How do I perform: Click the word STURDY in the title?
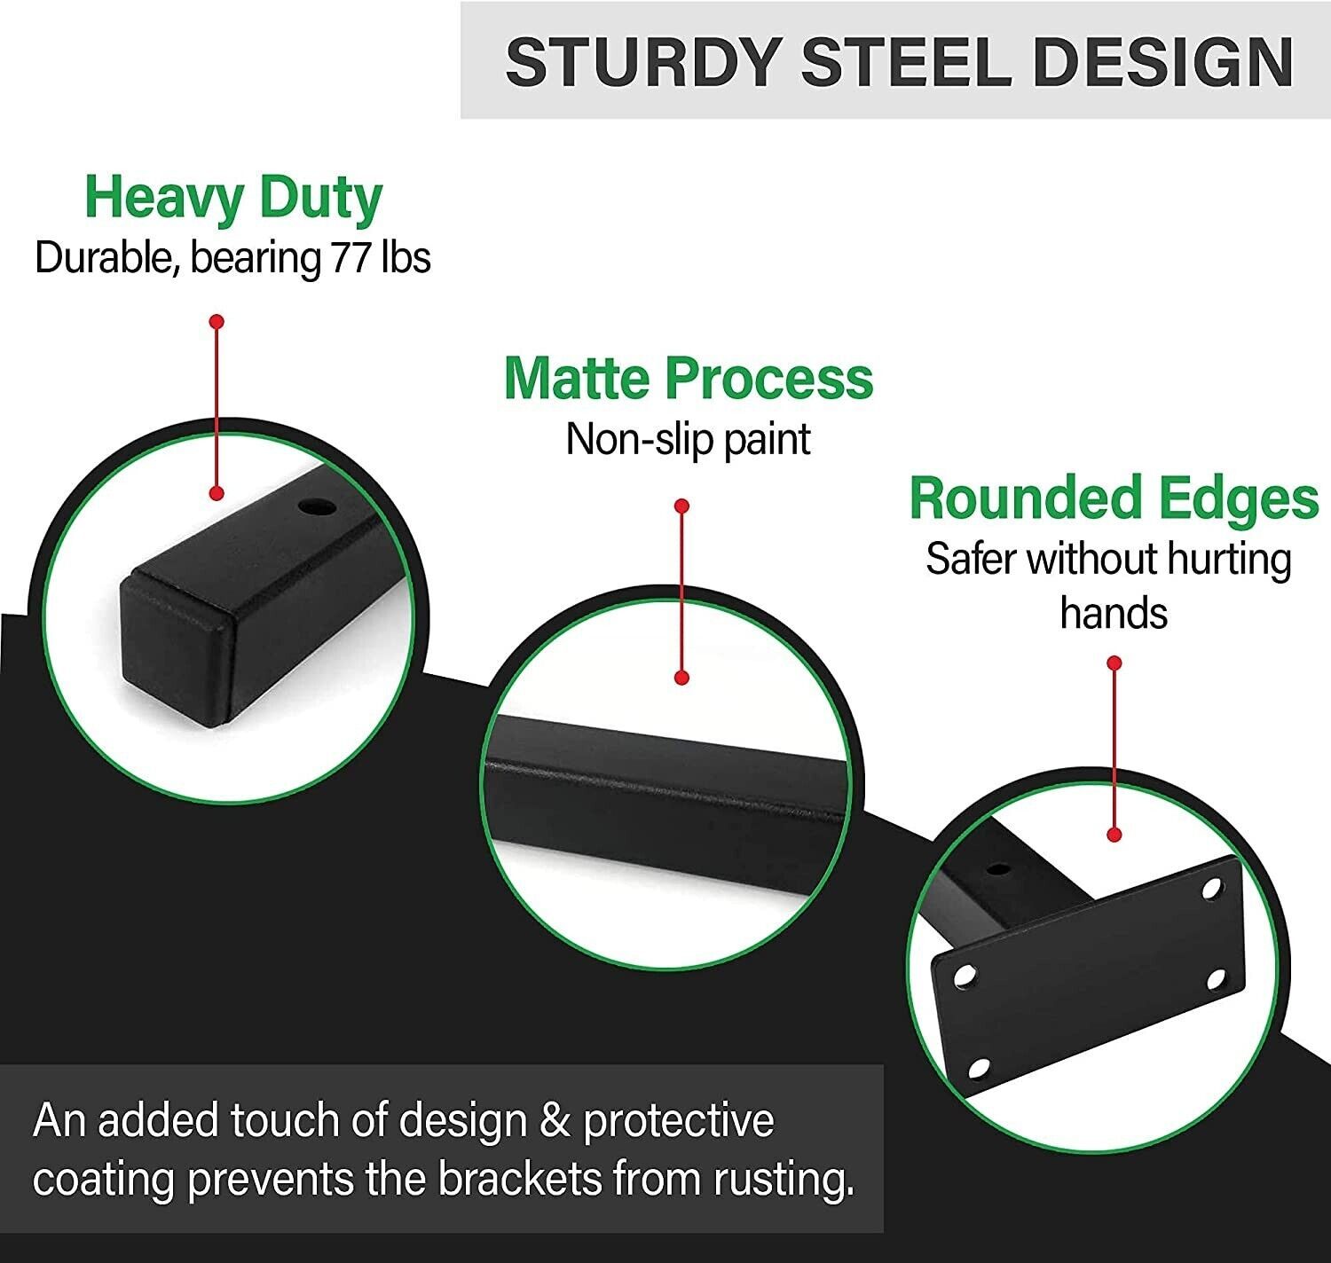pos(643,61)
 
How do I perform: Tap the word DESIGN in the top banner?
pos(1162,61)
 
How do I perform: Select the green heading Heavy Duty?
pos(233,200)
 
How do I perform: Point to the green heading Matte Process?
pos(689,379)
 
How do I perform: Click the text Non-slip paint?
pos(688,440)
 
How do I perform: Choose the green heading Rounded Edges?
pos(1114,498)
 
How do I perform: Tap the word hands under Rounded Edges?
pos(1114,613)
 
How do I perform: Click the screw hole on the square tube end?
pos(317,507)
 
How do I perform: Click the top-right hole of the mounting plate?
pos(1212,889)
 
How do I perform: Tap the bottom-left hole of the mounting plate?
pos(979,1069)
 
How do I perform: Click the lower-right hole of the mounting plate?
pos(1216,979)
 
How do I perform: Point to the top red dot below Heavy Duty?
pos(217,321)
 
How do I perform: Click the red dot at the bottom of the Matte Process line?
pos(682,678)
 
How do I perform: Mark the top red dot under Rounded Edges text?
pos(1114,663)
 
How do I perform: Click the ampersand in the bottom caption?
pos(555,1119)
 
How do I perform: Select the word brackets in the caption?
pos(520,1178)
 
